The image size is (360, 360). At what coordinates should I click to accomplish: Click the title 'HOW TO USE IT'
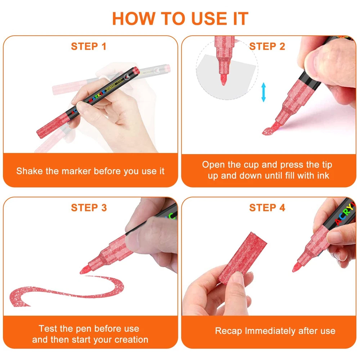180,18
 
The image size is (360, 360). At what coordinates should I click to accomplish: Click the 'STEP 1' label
89,46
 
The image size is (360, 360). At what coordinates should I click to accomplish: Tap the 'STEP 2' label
267,46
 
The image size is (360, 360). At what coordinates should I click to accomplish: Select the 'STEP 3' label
89,208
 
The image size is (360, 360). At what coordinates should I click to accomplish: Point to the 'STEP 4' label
267,208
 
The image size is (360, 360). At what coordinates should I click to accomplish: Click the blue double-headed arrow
264,92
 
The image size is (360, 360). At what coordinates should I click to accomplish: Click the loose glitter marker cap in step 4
242,258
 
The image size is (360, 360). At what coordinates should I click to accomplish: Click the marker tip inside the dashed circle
224,80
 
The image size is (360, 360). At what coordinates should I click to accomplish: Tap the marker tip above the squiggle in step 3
85,270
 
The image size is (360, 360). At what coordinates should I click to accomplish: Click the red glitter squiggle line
67,291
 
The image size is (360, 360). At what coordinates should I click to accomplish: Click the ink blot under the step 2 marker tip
267,131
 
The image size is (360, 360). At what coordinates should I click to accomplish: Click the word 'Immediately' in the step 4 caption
270,331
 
